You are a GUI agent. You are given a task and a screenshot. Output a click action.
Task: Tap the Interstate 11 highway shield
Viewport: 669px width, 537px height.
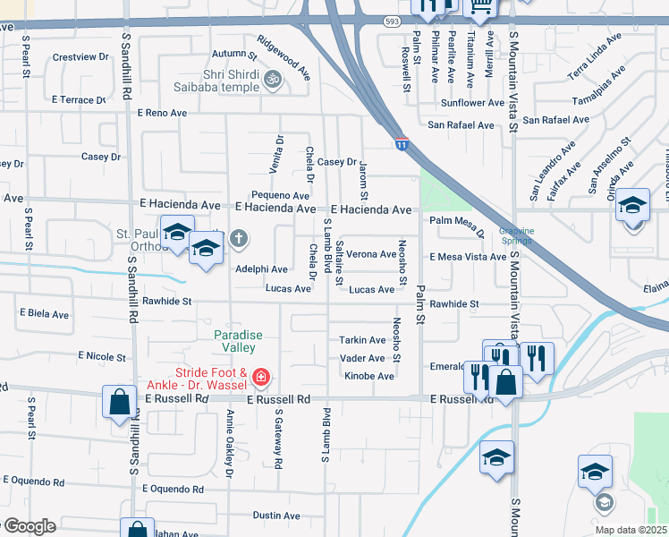coord(402,142)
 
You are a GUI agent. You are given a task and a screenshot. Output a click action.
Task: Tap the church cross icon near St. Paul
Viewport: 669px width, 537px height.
coord(238,239)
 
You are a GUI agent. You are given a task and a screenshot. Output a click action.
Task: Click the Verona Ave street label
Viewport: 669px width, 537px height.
coord(371,254)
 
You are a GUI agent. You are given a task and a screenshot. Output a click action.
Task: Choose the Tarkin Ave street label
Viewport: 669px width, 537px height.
coord(361,340)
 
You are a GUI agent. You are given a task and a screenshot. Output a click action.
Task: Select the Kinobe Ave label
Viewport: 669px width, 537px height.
coord(369,376)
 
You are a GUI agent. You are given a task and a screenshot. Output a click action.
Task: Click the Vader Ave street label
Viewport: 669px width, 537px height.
coord(362,358)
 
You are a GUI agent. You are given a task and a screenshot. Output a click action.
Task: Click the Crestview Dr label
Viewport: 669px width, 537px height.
coord(74,56)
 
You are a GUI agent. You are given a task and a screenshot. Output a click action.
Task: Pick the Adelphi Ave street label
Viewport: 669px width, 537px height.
coord(261,268)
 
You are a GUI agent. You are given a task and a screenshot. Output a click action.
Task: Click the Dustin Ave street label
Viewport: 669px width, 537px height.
coord(276,516)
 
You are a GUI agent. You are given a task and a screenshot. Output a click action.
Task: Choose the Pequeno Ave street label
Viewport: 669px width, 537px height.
coord(280,194)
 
